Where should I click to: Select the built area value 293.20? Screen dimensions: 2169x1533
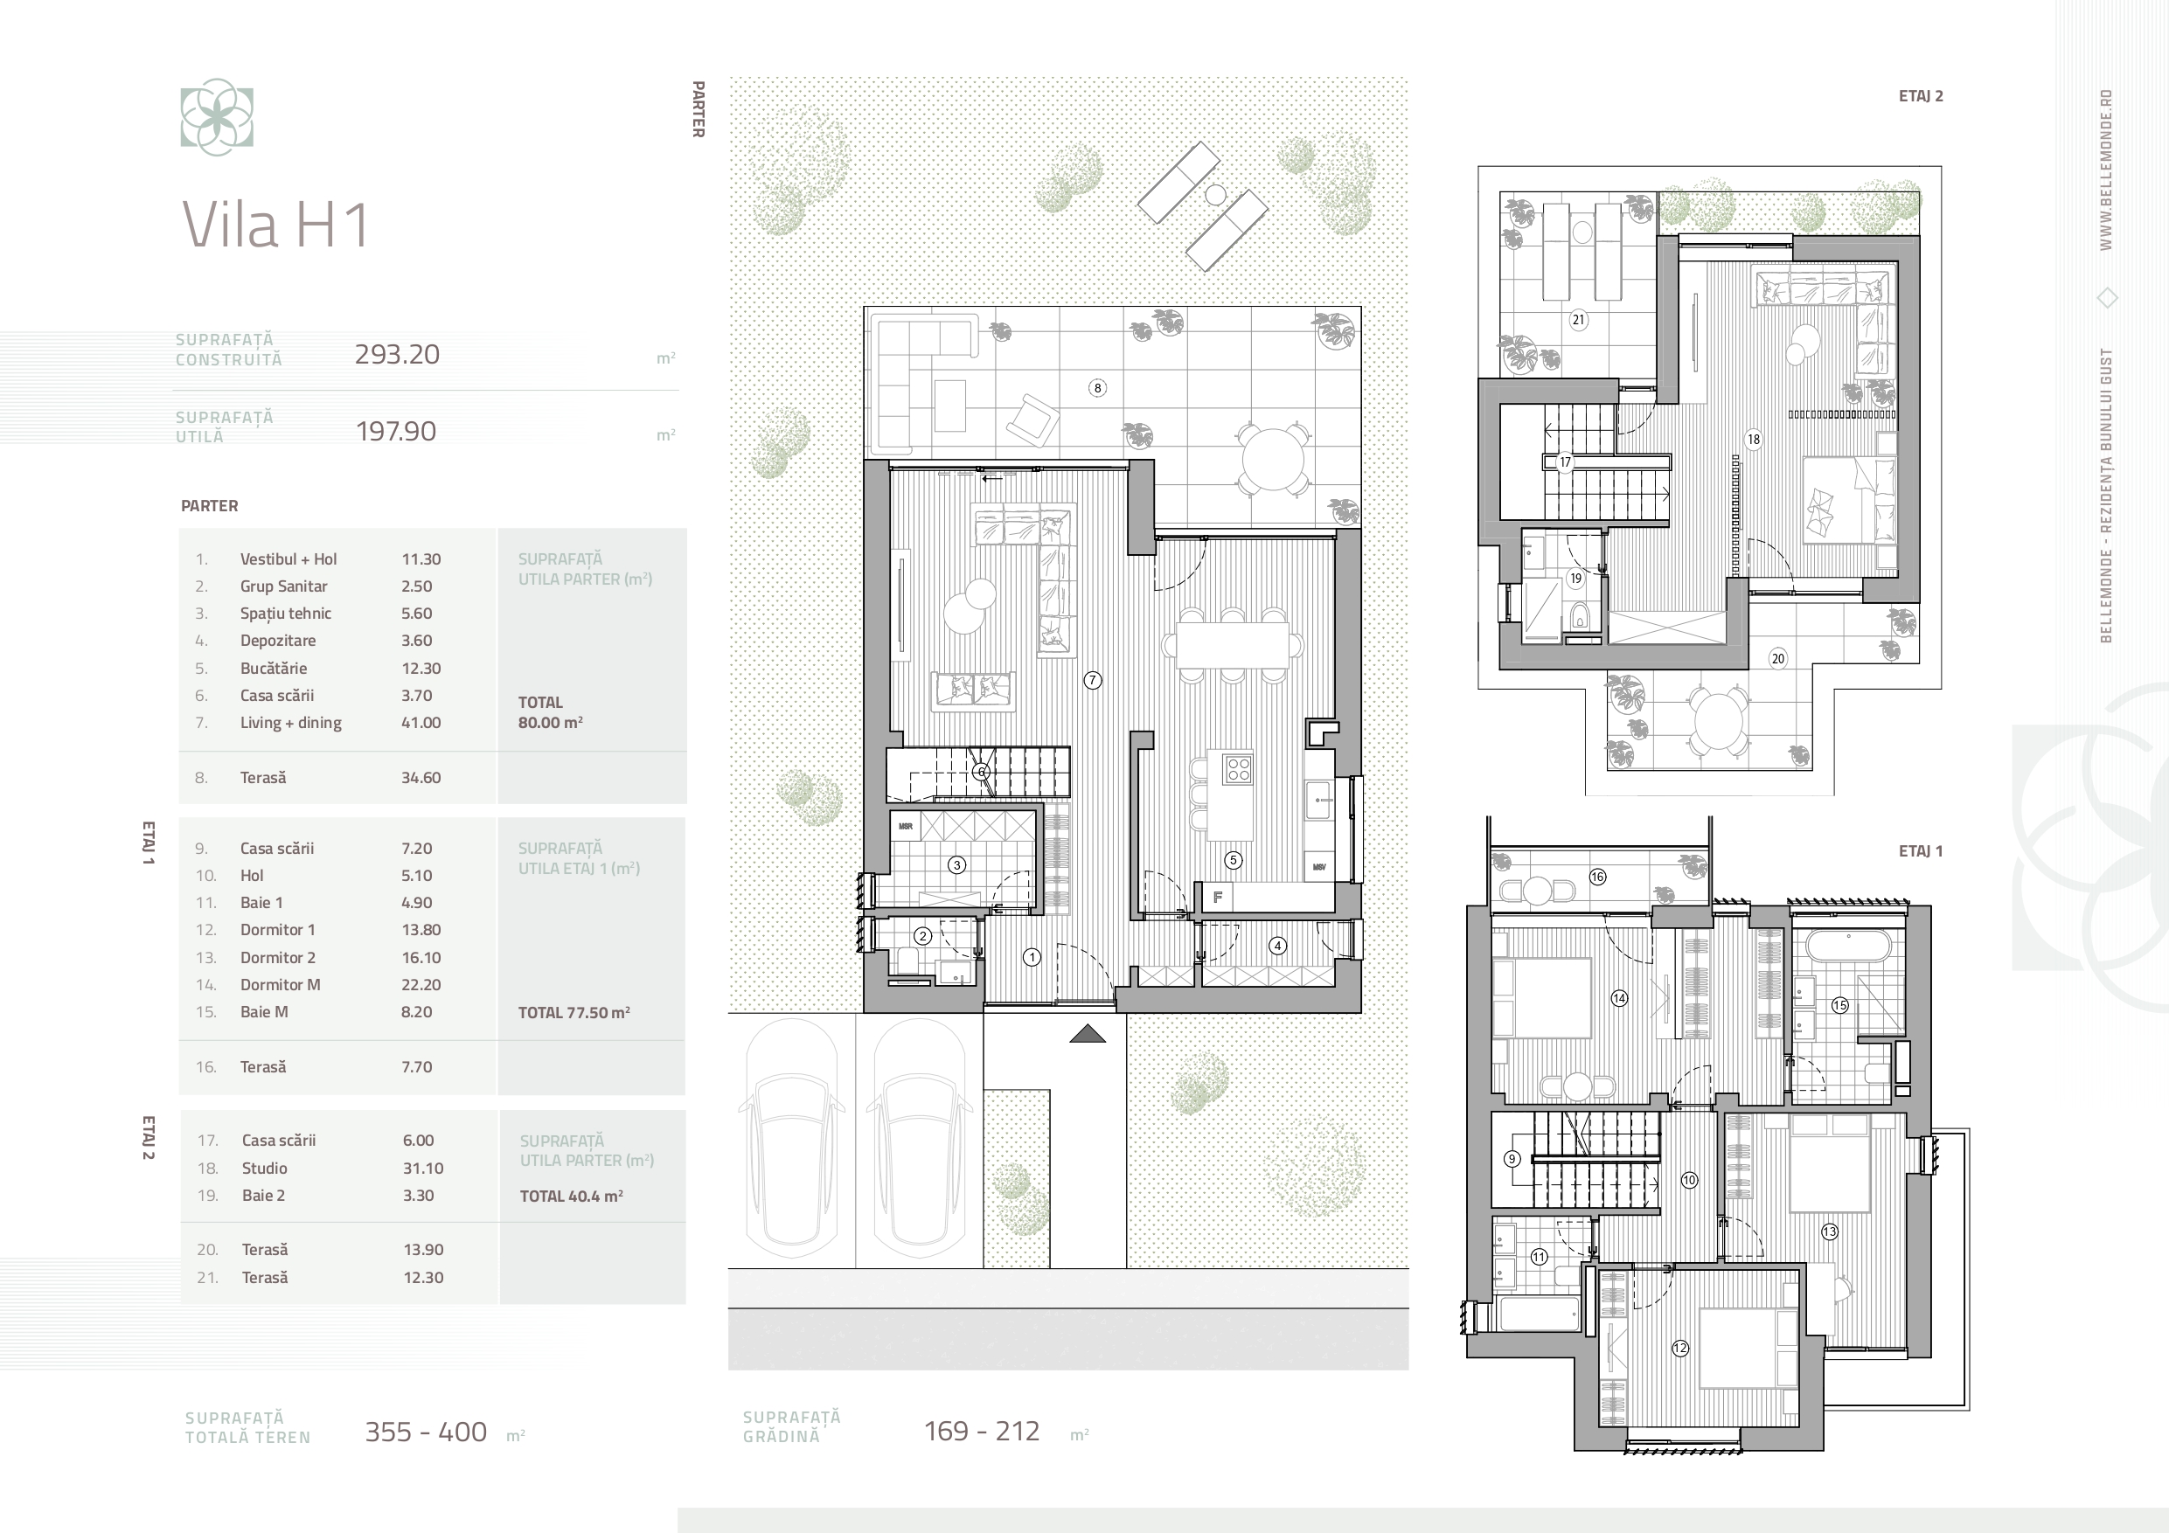(397, 354)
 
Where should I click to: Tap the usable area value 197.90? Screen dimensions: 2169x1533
(396, 432)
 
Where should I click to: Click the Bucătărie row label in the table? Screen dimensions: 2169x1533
(273, 668)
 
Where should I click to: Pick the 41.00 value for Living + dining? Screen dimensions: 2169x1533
(421, 723)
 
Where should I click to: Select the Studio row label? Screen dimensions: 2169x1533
(265, 1169)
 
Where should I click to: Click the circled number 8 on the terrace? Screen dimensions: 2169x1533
(1097, 387)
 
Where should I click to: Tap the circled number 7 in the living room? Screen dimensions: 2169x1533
(1092, 680)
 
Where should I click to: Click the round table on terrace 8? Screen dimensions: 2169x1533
(1274, 459)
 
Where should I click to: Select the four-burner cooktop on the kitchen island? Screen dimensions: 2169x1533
(1238, 769)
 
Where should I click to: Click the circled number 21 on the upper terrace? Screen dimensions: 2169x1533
(1578, 319)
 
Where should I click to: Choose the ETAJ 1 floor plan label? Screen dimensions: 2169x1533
(1921, 851)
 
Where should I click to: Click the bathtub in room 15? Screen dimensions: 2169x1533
(1843, 947)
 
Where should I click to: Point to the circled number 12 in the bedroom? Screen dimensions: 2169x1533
(1679, 1348)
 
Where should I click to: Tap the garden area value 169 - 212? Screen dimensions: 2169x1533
(982, 1431)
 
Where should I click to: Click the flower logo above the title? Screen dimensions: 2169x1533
(218, 117)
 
